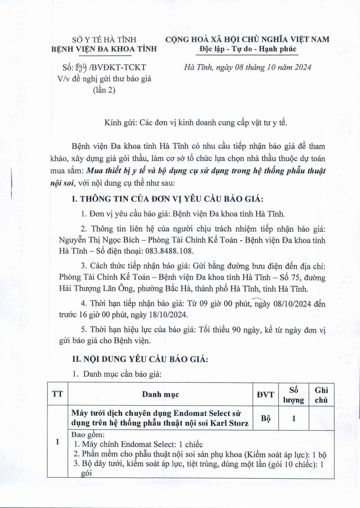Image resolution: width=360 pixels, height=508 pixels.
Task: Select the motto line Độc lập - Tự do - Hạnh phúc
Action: pyautogui.click(x=248, y=49)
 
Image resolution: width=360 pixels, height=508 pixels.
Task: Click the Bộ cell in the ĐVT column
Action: pyautogui.click(x=265, y=417)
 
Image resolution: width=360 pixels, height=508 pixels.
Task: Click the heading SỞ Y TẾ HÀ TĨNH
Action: pyautogui.click(x=104, y=40)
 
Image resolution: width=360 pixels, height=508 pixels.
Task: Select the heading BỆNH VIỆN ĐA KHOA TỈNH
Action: pyautogui.click(x=104, y=49)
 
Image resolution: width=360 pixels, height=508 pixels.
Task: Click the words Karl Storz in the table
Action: pyautogui.click(x=231, y=422)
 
